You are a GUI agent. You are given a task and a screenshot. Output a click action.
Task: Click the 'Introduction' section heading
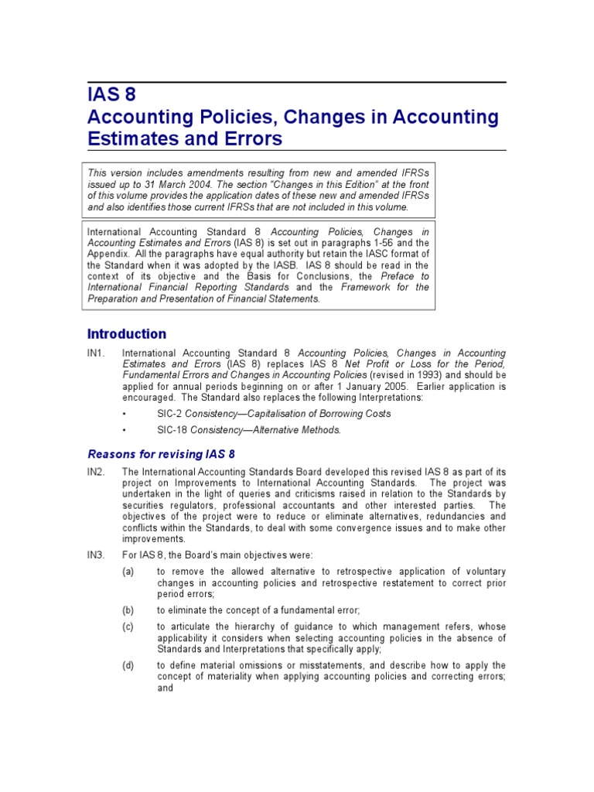126,334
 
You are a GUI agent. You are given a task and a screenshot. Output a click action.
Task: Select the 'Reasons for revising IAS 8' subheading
161,454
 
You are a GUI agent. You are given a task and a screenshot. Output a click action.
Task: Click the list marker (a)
128,571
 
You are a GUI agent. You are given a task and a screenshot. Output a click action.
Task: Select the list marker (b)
128,610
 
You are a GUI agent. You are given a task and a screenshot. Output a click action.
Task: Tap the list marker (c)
128,626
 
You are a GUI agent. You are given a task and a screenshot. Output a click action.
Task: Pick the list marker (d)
128,665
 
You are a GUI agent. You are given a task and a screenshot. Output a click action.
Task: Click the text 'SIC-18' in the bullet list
172,430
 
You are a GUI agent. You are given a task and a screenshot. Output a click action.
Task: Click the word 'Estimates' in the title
128,139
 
